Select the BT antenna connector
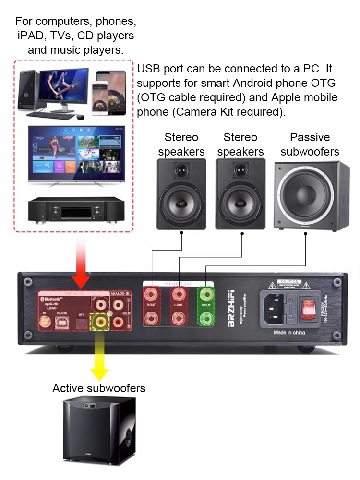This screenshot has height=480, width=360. [46, 323]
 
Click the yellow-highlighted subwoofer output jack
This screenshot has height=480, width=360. [100, 320]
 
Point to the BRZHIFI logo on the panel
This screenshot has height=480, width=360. [232, 309]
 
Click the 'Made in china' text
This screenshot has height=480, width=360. [289, 332]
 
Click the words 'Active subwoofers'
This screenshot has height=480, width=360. [99, 388]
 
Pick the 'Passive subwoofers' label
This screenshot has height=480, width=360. [310, 144]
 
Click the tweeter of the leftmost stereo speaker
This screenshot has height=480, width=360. [181, 171]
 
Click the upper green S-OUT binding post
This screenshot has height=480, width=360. [206, 293]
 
